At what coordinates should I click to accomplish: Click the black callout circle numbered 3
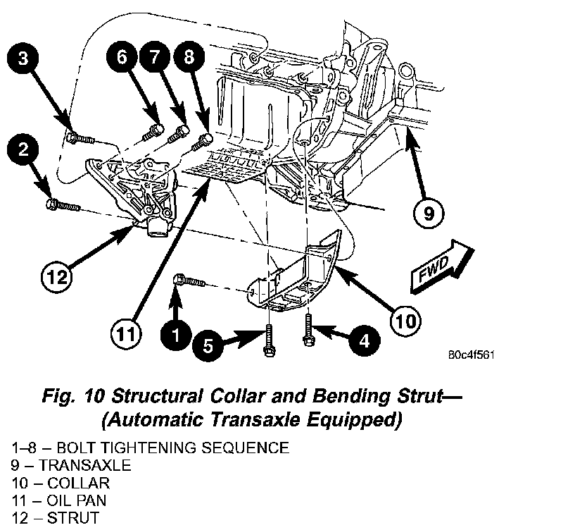click(23, 59)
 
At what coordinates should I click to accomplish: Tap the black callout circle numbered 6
click(122, 58)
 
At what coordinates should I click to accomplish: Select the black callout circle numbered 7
click(154, 58)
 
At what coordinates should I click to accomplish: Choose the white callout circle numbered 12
click(58, 276)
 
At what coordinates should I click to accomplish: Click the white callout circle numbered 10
click(405, 321)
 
